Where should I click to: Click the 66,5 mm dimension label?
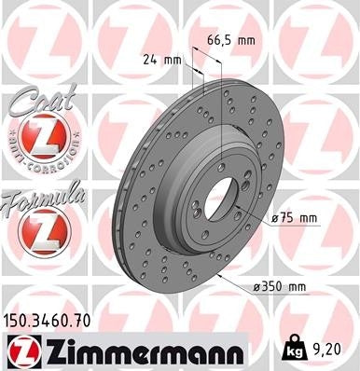[x=229, y=41]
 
